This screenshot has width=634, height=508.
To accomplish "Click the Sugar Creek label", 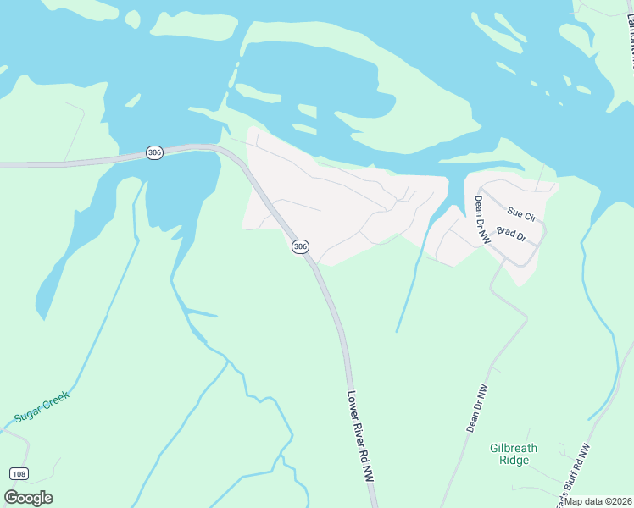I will point(42,407).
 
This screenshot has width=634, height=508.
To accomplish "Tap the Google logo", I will point(28,498).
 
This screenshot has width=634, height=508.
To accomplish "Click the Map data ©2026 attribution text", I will point(597,500).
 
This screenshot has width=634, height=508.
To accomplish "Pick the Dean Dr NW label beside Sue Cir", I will point(482,220).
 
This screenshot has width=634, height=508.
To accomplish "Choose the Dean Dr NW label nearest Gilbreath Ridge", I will point(477,409).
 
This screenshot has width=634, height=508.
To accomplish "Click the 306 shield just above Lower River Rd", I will point(300,246).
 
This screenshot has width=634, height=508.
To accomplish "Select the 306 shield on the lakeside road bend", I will point(153,152).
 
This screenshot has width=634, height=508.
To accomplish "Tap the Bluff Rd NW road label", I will point(574,471).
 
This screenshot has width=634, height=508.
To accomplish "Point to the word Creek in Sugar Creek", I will point(54,401).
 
